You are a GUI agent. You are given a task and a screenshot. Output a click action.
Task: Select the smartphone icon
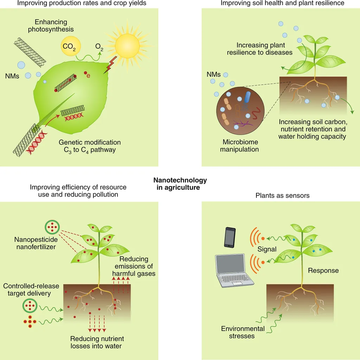coord(230,237)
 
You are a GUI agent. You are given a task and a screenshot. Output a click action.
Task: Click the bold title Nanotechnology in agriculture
coord(180,184)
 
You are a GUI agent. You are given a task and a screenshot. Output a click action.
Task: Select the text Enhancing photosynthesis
coord(51,25)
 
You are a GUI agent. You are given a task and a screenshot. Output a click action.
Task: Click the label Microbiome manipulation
coord(239,146)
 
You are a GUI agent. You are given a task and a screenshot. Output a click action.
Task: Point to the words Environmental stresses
coord(243,332)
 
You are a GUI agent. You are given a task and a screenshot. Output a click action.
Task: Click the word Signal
coord(267,249)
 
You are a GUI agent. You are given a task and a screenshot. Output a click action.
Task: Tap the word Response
coord(323,270)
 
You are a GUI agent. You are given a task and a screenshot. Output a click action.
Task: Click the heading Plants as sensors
coord(282,195)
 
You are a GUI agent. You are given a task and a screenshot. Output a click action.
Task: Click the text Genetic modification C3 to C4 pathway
coord(90,146)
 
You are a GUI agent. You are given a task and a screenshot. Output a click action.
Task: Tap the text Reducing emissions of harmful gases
coord(134,266)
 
